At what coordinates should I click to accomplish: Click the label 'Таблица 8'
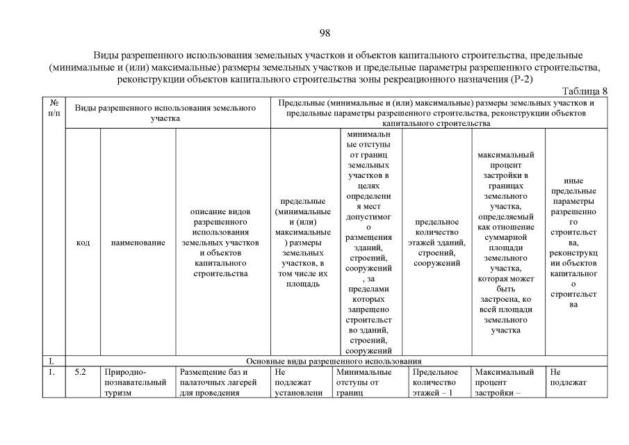point(583,90)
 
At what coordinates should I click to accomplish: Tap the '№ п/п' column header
point(54,107)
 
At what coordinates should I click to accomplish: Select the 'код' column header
point(83,243)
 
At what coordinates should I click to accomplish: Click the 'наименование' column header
point(138,243)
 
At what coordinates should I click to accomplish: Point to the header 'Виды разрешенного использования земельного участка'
point(165,113)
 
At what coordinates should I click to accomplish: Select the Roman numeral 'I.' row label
point(51,362)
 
